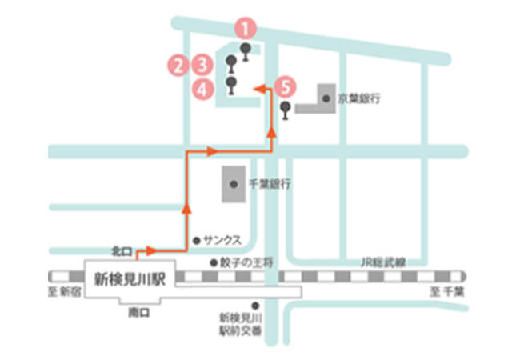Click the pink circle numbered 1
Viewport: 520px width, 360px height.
point(247,29)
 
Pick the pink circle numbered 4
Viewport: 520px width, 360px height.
point(203,89)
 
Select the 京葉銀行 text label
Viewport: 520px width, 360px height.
point(358,99)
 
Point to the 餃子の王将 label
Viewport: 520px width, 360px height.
point(244,262)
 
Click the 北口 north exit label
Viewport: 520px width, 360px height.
point(121,252)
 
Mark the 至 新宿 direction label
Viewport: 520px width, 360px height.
point(63,292)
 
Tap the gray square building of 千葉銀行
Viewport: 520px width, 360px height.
point(233,184)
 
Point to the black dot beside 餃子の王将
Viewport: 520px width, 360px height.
point(213,262)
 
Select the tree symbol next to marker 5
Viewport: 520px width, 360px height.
point(286,108)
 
